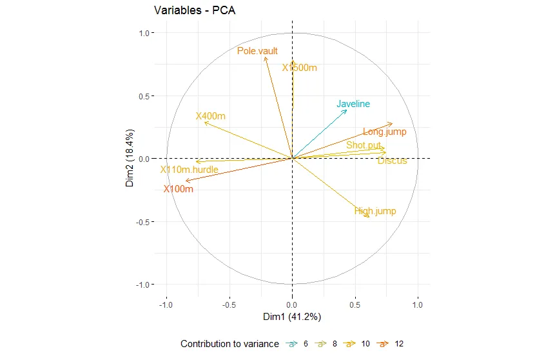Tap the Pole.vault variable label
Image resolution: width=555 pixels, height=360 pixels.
pos(257,51)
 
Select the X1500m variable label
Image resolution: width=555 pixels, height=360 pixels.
pos(300,68)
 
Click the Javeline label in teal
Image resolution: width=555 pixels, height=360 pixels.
pos(353,104)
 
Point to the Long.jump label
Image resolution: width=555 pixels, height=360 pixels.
pos(384,132)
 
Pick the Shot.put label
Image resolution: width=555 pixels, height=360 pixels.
pos(364,145)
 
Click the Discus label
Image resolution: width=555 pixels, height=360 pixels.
pos(392,161)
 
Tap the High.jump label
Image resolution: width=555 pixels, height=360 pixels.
pos(375,211)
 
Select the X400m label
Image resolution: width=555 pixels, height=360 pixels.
pos(211,117)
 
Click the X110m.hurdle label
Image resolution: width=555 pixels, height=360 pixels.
pos(190,170)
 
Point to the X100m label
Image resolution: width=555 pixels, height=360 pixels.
pos(178,189)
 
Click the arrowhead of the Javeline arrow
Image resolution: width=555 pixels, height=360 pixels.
pos(347,110)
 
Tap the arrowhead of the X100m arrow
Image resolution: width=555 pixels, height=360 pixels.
pos(186,181)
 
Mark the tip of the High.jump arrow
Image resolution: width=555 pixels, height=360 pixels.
pos(369,217)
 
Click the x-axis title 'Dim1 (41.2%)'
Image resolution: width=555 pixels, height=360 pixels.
pos(292,317)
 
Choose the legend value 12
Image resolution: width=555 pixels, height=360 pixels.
pos(398,344)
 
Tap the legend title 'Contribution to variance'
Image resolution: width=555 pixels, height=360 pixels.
pos(229,344)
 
